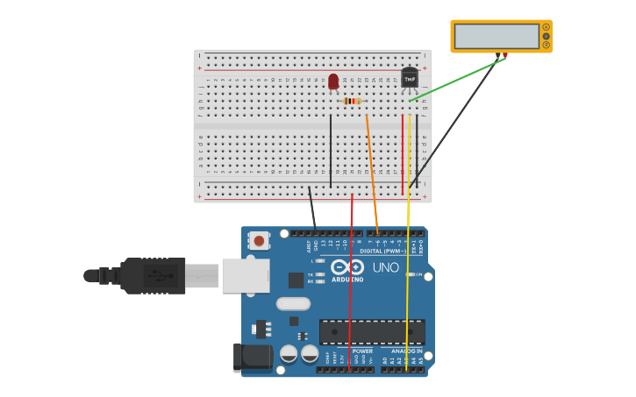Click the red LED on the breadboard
point(333,81)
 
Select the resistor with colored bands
point(352,101)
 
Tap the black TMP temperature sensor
point(410,78)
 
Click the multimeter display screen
point(497,36)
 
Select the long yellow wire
point(408,263)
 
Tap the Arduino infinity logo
point(347,267)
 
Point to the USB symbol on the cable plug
point(158,275)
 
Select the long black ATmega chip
point(372,332)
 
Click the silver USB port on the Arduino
point(245,275)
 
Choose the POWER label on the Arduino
point(362,351)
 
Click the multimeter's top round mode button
point(546,27)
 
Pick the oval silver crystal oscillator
point(293,304)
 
